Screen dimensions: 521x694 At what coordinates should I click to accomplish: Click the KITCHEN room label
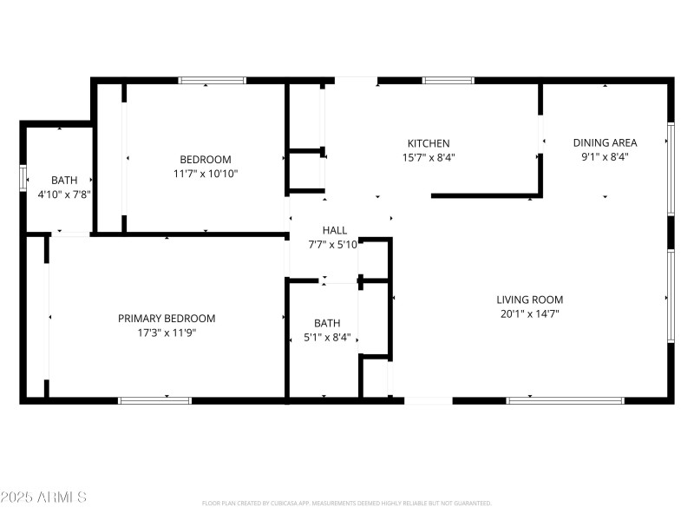coord(429,143)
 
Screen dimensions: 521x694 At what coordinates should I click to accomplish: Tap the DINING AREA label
coord(605,143)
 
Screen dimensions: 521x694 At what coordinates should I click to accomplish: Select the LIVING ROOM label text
coord(530,300)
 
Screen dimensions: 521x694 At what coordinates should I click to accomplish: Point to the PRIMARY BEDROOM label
coord(167,319)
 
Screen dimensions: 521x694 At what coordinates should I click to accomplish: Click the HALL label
coord(335,230)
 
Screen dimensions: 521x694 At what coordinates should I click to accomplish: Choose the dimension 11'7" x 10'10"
coord(206,174)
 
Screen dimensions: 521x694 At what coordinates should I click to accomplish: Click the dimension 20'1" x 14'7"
coord(530,313)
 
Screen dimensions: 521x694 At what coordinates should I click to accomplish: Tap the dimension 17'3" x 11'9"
coord(167,333)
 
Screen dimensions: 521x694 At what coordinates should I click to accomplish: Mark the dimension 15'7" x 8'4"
coord(429,157)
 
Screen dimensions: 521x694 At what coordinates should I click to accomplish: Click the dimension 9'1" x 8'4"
coord(605,157)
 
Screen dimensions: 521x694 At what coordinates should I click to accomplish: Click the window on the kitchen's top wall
coord(448,81)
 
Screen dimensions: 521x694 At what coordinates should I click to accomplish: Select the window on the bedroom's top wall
coord(212,81)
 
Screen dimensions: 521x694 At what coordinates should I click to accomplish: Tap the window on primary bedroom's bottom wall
coord(154,400)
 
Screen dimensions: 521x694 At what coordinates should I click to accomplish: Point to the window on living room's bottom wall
coord(565,400)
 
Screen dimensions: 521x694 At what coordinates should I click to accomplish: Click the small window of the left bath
coord(23,176)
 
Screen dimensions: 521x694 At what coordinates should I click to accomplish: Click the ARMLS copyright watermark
coord(43,498)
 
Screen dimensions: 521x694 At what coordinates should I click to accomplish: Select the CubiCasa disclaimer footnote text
coord(347,504)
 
